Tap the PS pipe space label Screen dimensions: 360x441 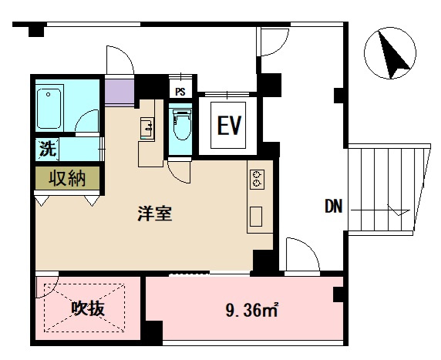pos(180,91)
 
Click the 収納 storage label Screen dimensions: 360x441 pos(67,179)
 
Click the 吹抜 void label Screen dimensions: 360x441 pos(87,309)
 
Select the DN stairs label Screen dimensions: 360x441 pos(333,206)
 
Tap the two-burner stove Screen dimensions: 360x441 pos(257,179)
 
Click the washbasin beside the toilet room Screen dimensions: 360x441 pos(147,128)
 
